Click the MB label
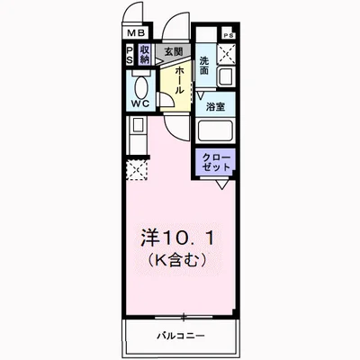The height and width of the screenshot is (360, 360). tap(134, 37)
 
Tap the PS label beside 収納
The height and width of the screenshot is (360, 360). tap(131, 55)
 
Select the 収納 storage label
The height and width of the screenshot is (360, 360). tap(145, 55)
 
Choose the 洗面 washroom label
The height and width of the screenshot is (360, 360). tap(205, 65)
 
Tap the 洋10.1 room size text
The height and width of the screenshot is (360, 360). tap(178, 240)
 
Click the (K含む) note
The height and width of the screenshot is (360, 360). tap(178, 262)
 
